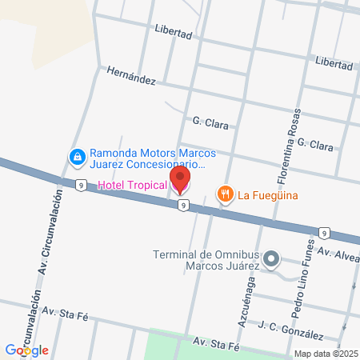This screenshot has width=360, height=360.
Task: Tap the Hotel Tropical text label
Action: click(132, 186)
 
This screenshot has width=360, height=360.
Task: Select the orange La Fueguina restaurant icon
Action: click(226, 193)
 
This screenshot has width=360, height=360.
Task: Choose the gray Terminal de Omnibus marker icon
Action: click(272, 258)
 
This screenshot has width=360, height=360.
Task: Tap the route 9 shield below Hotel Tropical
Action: click(184, 206)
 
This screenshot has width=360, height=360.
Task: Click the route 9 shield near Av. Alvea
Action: click(323, 233)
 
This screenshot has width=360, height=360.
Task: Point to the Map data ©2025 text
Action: click(325, 354)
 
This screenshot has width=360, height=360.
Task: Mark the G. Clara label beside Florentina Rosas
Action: click(314, 145)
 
